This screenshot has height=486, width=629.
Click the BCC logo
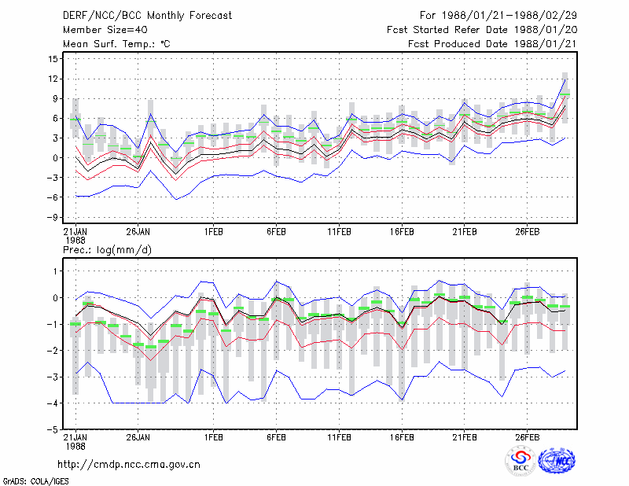point(520,461)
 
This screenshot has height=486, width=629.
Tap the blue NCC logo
point(557,461)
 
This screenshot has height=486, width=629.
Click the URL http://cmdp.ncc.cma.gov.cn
point(129,465)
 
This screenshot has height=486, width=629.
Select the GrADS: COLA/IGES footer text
point(35,481)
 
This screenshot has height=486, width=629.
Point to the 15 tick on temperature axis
point(53,59)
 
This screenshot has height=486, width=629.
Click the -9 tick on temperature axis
point(53,217)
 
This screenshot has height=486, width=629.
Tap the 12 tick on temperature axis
point(53,79)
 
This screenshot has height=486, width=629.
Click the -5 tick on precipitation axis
point(53,429)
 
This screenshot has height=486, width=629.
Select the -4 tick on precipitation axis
point(53,403)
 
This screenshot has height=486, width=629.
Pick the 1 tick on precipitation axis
point(55,271)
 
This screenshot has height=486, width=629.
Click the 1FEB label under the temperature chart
point(213,232)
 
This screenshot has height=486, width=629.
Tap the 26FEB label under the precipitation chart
point(527,437)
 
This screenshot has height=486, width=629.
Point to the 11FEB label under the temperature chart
point(339,232)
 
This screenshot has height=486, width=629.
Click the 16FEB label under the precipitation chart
point(402,437)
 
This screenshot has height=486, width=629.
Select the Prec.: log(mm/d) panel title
point(107,250)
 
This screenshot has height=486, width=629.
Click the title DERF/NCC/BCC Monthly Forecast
point(147,16)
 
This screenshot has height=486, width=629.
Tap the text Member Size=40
point(105,30)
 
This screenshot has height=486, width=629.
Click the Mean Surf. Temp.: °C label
point(116,44)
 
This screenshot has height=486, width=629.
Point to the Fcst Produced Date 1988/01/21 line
point(492,44)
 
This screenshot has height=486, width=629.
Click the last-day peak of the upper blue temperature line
point(565,79)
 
